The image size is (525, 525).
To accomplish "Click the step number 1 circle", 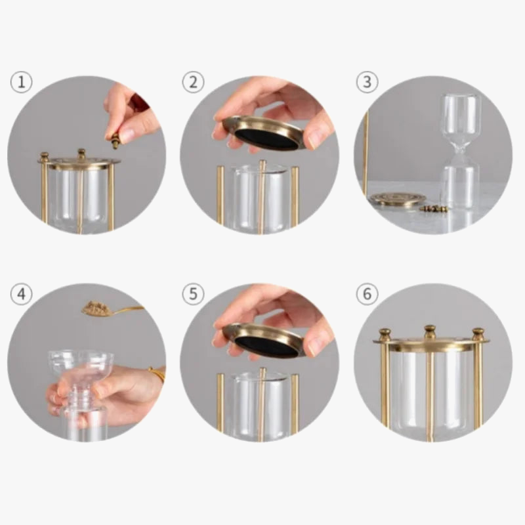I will [22, 83].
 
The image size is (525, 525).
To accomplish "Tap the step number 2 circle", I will [193, 83].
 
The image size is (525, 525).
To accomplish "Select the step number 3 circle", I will [367, 83].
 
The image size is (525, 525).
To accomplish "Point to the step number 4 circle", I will [22, 294].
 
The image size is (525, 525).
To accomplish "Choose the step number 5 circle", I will [193, 294].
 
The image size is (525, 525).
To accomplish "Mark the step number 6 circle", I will [367, 294].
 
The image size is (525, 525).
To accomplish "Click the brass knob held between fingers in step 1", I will [115, 139].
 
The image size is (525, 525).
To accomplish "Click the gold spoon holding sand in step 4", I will [98, 308].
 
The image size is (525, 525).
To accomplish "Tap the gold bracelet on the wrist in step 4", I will [157, 375].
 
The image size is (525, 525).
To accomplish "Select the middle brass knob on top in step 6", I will [429, 331].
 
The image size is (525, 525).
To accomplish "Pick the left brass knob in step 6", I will [385, 334].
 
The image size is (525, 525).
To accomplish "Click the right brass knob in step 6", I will [478, 334].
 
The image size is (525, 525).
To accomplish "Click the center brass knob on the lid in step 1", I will [81, 154].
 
